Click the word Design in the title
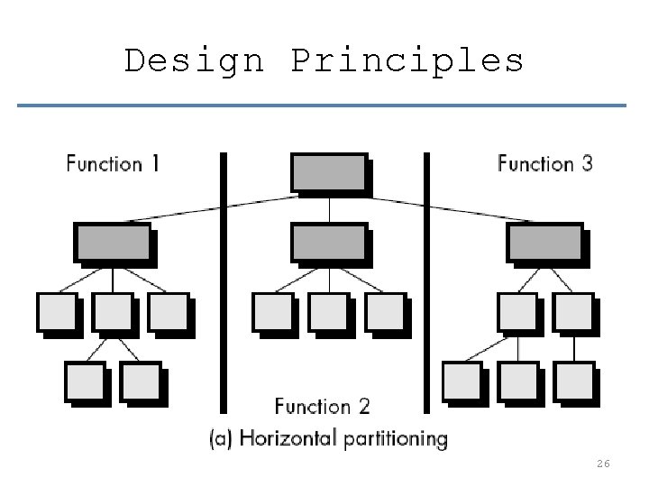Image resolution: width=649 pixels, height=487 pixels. click(194, 60)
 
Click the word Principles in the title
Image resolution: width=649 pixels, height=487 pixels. click(407, 60)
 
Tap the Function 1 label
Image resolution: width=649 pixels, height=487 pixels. click(113, 164)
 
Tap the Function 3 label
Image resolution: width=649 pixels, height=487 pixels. click(545, 164)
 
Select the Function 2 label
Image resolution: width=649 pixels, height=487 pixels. click(322, 407)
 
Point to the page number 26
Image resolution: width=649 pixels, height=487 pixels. click(603, 464)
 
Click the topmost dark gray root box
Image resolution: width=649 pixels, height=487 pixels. click(328, 172)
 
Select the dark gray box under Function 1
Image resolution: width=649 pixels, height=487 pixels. click(112, 243)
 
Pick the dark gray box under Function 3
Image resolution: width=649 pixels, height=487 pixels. click(544, 242)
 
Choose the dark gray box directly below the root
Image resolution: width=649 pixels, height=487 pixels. click(328, 242)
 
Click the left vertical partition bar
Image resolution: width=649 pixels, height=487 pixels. click(224, 280)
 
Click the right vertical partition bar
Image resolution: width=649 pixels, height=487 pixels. click(426, 280)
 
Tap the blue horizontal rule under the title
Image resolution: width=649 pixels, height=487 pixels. click(322, 106)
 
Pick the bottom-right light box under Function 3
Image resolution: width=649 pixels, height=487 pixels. click(573, 381)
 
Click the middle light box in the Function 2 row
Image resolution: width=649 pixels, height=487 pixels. click(328, 311)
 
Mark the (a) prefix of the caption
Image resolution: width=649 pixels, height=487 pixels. click(222, 439)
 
